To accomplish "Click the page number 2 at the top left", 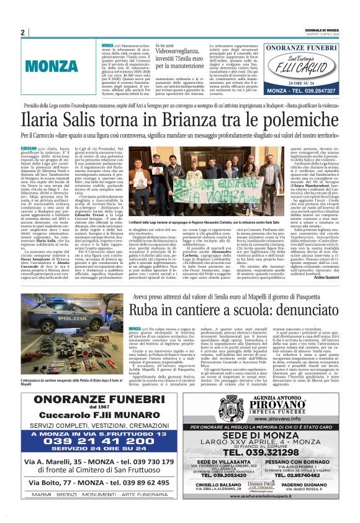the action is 23,33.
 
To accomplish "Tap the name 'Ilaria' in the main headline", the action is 43,119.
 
